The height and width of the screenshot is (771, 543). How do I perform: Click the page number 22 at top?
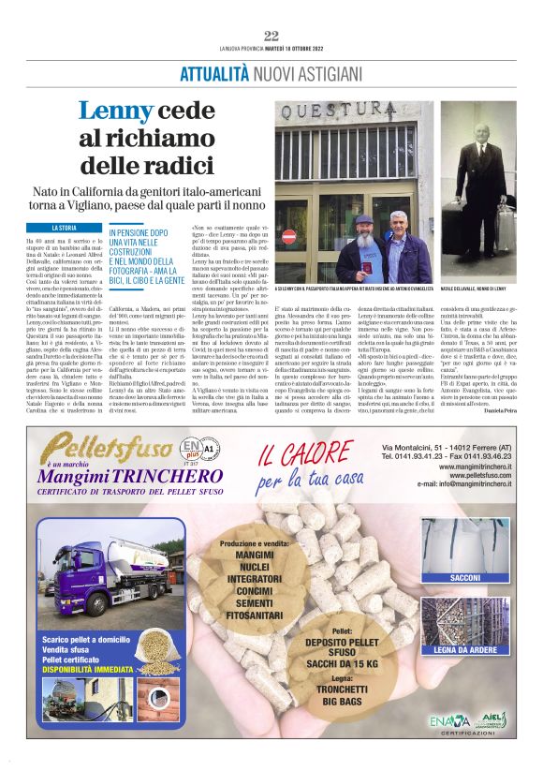(x=271, y=37)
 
